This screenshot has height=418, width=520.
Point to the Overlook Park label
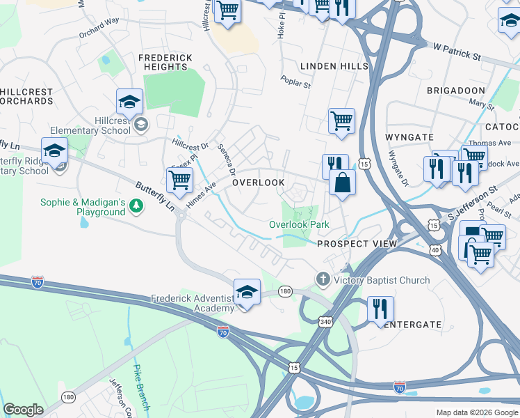(299, 224)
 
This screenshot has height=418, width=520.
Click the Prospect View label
(357, 244)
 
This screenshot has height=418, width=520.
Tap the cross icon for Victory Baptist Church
(322, 279)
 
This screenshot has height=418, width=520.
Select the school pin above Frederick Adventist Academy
(247, 291)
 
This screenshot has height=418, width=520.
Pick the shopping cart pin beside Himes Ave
(179, 180)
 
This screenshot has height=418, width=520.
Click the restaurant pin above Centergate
(380, 309)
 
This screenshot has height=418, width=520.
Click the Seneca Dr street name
(227, 161)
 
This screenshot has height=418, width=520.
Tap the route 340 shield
(325, 321)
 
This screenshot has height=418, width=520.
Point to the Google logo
(24, 410)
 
